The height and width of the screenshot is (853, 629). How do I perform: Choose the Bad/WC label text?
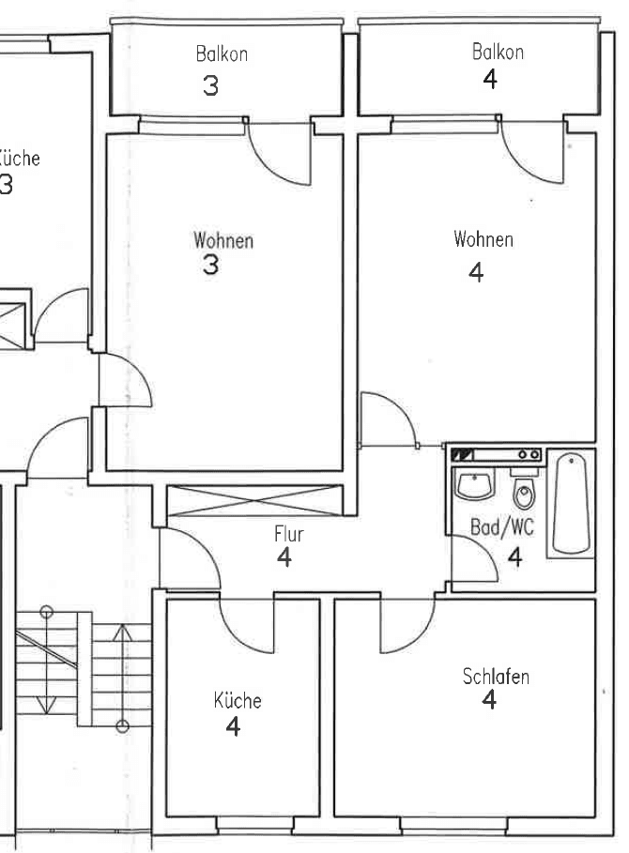point(501,527)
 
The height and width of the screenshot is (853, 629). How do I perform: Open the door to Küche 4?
point(246,624)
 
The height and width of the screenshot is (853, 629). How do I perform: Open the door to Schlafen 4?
point(406,624)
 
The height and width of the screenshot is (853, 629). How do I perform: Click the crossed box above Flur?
point(254,500)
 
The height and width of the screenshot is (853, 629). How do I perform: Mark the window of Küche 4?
point(242,825)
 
